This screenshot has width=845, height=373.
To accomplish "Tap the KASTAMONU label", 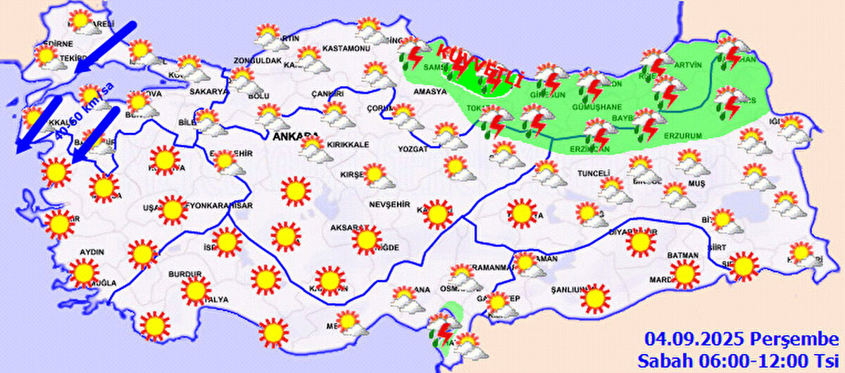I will (x=346, y=49).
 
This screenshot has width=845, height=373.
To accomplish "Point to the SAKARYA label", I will (x=208, y=91).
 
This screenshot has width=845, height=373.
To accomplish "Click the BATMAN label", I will (x=682, y=255).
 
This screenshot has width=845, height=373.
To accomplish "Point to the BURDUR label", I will (x=185, y=274).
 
